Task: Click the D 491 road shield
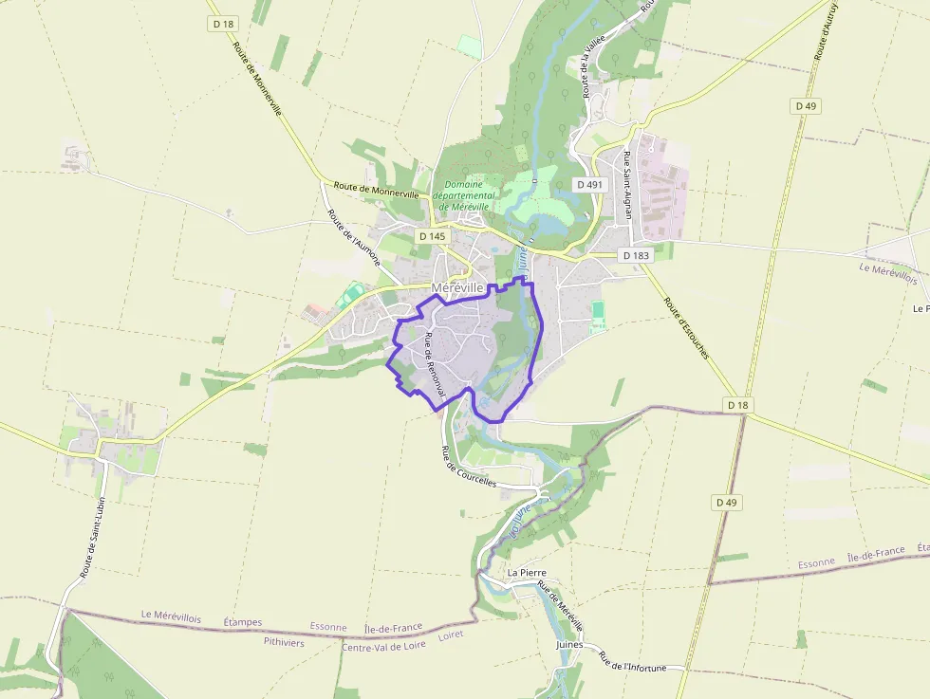(589, 185)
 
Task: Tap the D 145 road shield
(431, 235)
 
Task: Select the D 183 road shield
(635, 255)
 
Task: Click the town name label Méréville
(457, 287)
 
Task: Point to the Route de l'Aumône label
(354, 238)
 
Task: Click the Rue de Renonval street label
(436, 364)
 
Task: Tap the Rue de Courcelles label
(469, 467)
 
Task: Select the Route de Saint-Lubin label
(92, 536)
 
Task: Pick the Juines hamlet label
(569, 644)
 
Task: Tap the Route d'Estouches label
(687, 329)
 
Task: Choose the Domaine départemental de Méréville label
(464, 195)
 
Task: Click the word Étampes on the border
(242, 622)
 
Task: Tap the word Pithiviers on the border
(284, 642)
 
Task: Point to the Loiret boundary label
(451, 635)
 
